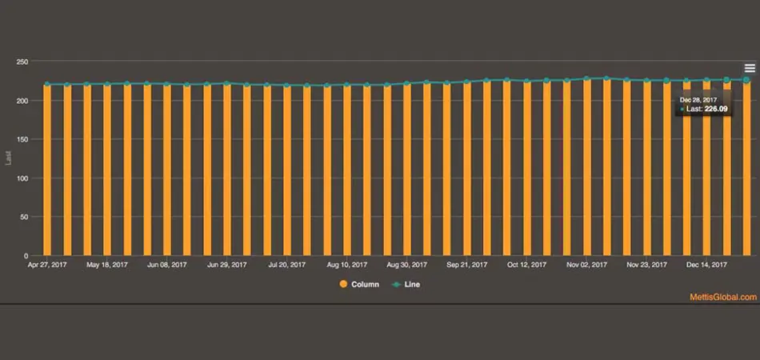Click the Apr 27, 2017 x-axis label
(x=46, y=264)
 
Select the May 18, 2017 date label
(x=107, y=264)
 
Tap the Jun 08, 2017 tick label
(x=167, y=264)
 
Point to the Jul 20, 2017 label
(x=286, y=264)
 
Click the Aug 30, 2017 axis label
(x=406, y=264)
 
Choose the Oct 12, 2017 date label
(x=526, y=264)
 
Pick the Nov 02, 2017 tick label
(x=586, y=264)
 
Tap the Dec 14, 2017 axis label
(x=706, y=264)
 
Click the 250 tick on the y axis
(x=22, y=62)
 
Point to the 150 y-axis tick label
(x=22, y=139)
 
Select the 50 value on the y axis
(x=25, y=217)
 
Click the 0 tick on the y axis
(x=26, y=256)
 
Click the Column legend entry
(x=359, y=284)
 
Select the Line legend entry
(x=406, y=284)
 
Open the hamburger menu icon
(x=750, y=69)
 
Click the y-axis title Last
(x=9, y=158)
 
